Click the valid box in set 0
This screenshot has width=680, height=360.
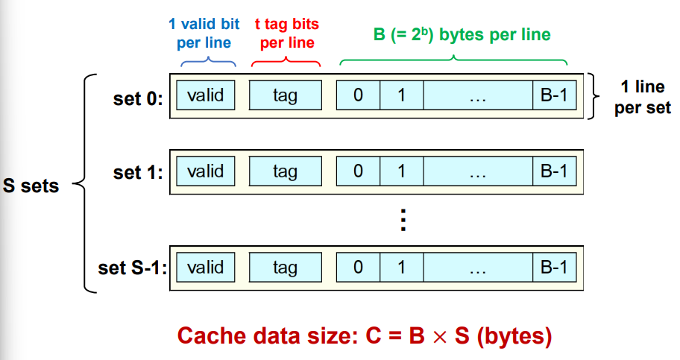[x=206, y=95]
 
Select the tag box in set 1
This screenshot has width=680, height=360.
[x=286, y=171]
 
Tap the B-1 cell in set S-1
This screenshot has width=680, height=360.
[x=554, y=267]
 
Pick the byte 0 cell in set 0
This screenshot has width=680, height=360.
[x=358, y=95]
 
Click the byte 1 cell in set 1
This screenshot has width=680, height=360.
[x=402, y=171]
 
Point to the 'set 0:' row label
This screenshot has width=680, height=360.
[x=138, y=98]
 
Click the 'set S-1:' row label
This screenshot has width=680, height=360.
[x=132, y=268]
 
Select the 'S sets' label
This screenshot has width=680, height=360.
[x=31, y=186]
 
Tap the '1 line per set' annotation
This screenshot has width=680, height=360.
[x=643, y=97]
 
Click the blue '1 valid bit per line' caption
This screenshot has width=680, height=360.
[x=204, y=33]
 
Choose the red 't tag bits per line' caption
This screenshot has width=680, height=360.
[x=286, y=33]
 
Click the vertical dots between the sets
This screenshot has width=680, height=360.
[x=403, y=221]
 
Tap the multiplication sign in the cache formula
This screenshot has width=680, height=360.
[x=440, y=337]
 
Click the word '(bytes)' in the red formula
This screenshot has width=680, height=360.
[x=514, y=336]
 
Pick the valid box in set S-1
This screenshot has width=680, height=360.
[x=206, y=267]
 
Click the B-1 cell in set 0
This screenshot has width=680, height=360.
[x=554, y=95]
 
